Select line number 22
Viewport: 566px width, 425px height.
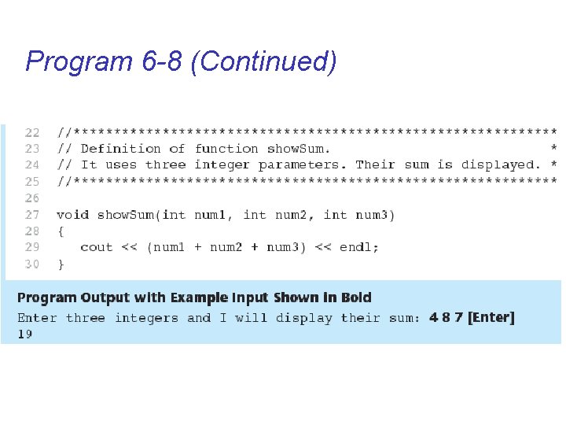(x=32, y=132)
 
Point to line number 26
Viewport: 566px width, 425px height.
(x=32, y=198)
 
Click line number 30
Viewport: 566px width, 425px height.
(x=32, y=264)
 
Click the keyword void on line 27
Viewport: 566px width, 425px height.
(x=72, y=214)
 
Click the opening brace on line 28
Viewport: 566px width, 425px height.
(x=61, y=231)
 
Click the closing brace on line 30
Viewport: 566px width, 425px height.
(x=61, y=264)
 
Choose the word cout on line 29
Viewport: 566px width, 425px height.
(x=97, y=247)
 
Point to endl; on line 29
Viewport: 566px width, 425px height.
(x=359, y=247)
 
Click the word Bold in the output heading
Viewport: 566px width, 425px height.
(x=356, y=297)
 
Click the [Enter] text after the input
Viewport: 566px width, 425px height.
(x=491, y=318)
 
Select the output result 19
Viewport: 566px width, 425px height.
(x=25, y=334)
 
